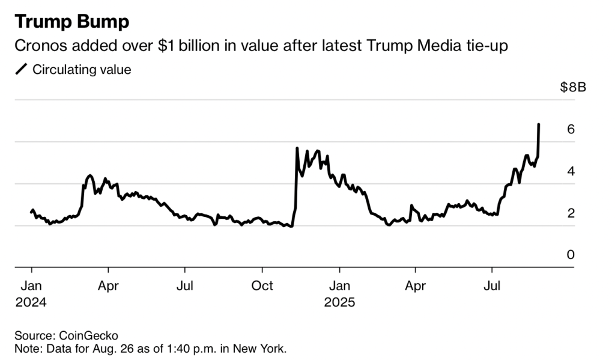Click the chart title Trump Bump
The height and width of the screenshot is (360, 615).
pos(71,22)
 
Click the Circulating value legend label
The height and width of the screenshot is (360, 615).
pos(82,70)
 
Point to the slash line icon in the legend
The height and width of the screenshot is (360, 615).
pos(22,70)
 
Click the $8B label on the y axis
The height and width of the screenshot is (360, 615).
pos(572,88)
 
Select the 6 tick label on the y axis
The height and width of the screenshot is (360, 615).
pos(571,129)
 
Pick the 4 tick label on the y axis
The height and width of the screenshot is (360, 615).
pos(571,171)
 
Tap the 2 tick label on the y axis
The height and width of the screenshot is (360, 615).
pos(571,213)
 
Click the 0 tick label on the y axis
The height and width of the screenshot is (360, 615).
pos(571,255)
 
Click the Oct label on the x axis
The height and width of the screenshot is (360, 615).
pos(262,285)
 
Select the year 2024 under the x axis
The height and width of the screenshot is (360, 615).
pos(31,302)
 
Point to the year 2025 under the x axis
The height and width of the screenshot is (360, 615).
pos(340,302)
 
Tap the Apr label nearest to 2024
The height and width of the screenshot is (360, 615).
pos(108,285)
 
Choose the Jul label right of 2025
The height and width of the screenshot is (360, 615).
pos(492,285)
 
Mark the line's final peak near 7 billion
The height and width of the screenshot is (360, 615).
pos(539,124)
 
